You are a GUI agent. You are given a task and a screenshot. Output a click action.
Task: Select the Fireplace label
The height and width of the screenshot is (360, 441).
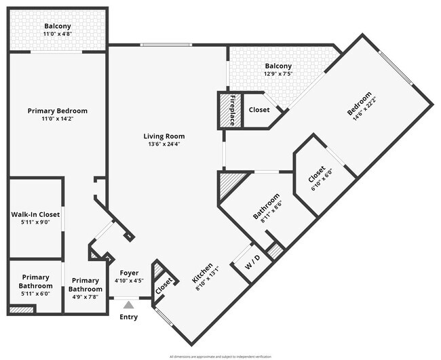[x=231, y=110]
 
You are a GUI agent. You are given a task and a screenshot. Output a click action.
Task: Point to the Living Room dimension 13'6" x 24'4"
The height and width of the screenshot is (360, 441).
[x=166, y=144]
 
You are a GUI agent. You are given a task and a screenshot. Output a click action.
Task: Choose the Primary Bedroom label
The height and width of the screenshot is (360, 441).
[x=57, y=111]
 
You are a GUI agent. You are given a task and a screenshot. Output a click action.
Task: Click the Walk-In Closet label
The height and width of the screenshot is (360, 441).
[x=35, y=214]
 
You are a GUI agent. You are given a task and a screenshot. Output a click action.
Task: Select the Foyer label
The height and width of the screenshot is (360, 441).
[x=129, y=273]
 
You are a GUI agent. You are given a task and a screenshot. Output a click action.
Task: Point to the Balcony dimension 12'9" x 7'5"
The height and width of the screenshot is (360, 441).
[x=278, y=74]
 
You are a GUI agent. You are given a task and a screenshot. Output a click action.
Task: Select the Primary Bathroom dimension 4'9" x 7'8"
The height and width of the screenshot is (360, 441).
[x=85, y=297]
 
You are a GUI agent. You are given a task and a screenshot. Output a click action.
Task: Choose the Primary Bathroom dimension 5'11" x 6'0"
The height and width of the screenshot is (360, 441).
[x=35, y=294]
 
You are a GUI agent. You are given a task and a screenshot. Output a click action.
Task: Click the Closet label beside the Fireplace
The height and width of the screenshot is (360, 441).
[x=259, y=109]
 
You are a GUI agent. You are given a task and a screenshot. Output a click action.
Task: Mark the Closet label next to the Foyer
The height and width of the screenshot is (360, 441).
[x=164, y=287]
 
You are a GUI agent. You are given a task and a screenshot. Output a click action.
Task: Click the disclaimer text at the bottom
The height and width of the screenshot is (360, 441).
[x=220, y=356]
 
